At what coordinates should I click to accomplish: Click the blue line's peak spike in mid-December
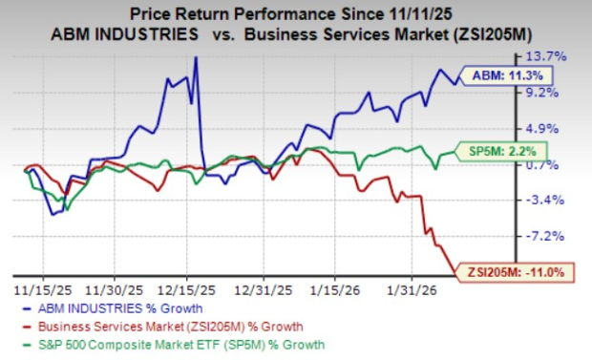[196, 58]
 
